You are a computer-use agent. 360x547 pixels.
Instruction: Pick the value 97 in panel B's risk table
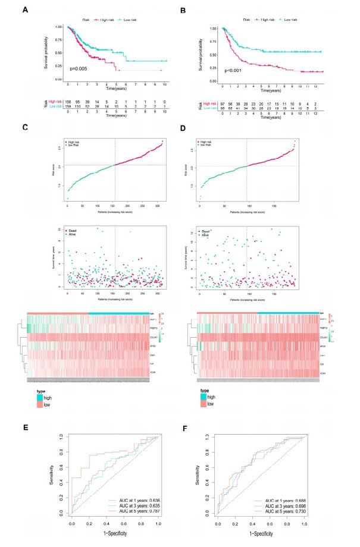(x=221, y=120)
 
